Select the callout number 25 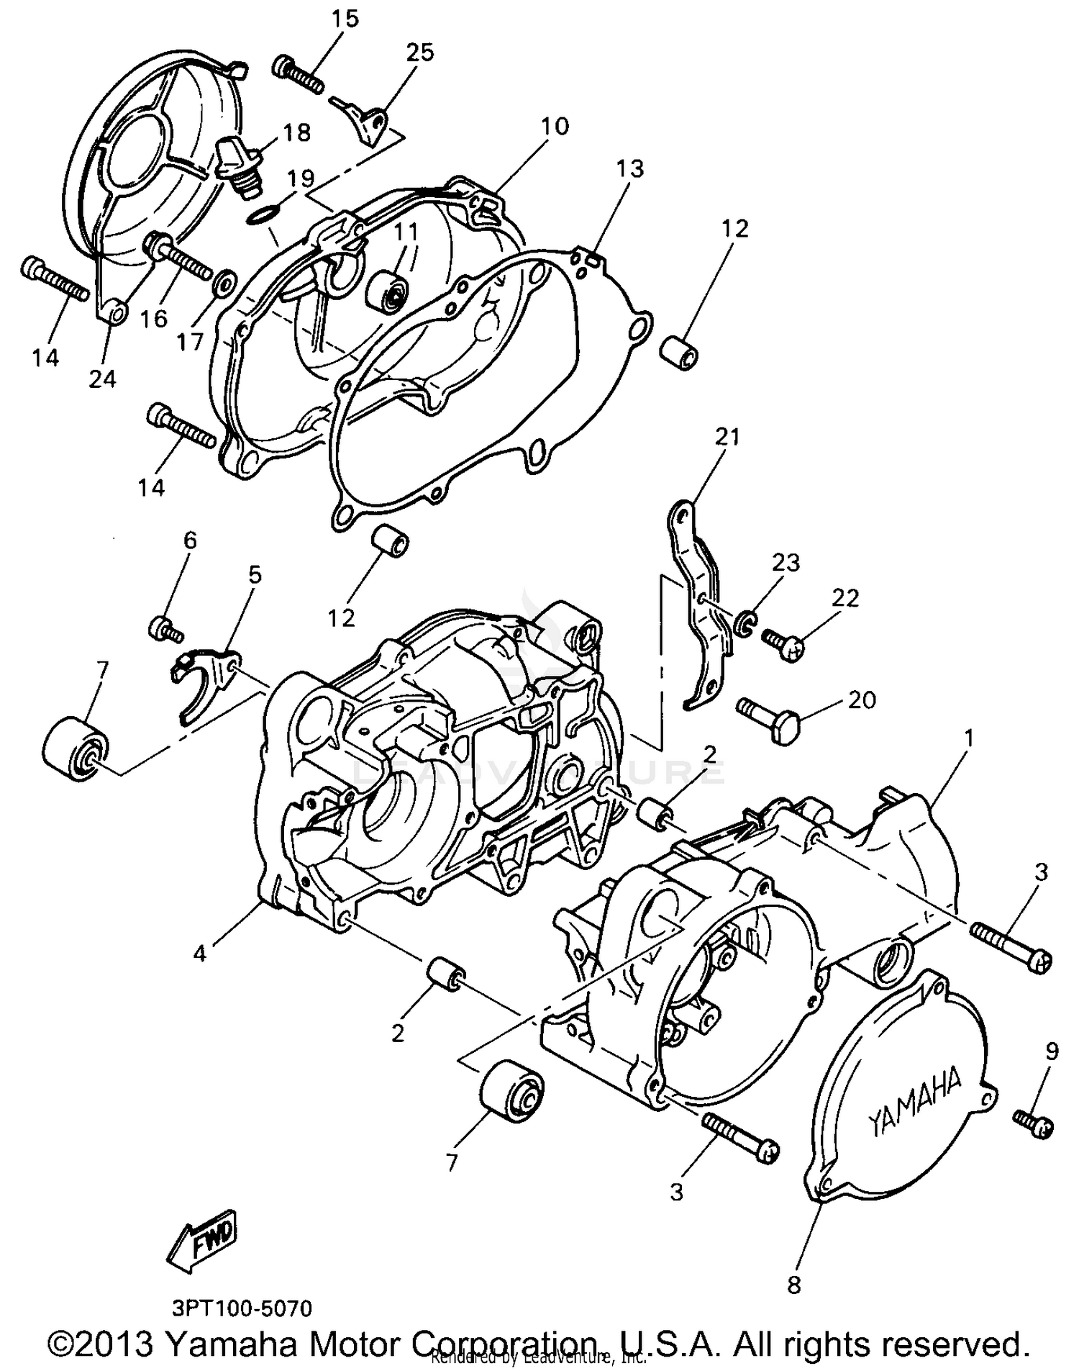pos(420,53)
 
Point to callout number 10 pos(555,126)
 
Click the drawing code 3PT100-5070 pos(243,1308)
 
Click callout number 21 pos(727,436)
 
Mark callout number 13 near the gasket pos(629,168)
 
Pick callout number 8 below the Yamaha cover pos(793,1285)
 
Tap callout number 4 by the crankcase pos(199,954)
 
